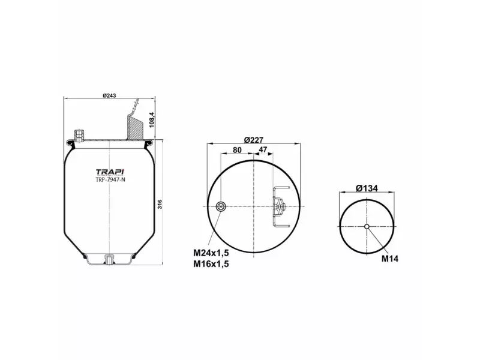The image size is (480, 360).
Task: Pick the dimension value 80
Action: [x=237, y=149]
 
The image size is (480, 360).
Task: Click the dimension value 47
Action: [x=262, y=149]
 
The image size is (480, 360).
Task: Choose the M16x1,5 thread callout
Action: [x=211, y=263]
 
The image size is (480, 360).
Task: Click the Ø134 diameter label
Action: [x=367, y=188]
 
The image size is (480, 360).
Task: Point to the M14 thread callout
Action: [x=390, y=259]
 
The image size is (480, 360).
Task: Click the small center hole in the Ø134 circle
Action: [x=367, y=226]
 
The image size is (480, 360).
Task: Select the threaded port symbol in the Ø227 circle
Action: [x=221, y=207]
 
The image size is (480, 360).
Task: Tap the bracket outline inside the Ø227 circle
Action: [x=280, y=207]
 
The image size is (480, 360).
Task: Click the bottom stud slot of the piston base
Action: [x=109, y=259]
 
